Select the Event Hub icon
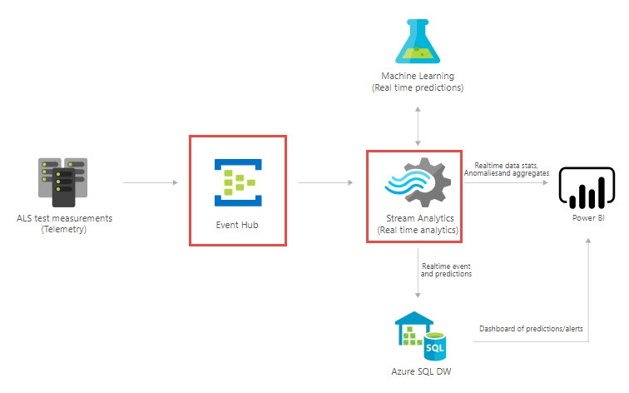[237, 182]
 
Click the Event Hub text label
[237, 225]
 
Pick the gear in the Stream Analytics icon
[428, 182]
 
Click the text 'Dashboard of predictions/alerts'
[531, 329]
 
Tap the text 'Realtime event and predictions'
[447, 268]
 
